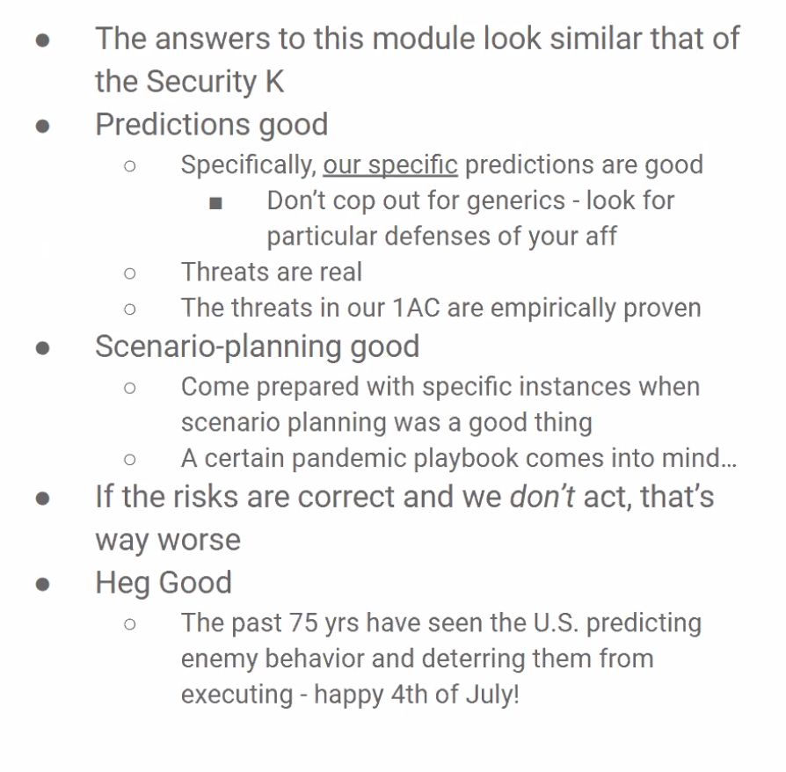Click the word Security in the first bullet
(201, 83)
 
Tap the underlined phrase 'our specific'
(390, 165)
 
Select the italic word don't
(542, 496)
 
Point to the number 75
(303, 623)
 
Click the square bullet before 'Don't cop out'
(215, 202)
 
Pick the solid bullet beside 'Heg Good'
(42, 584)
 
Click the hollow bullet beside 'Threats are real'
(130, 273)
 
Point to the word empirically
(553, 309)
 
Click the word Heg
(123, 584)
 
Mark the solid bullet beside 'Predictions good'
(42, 126)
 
